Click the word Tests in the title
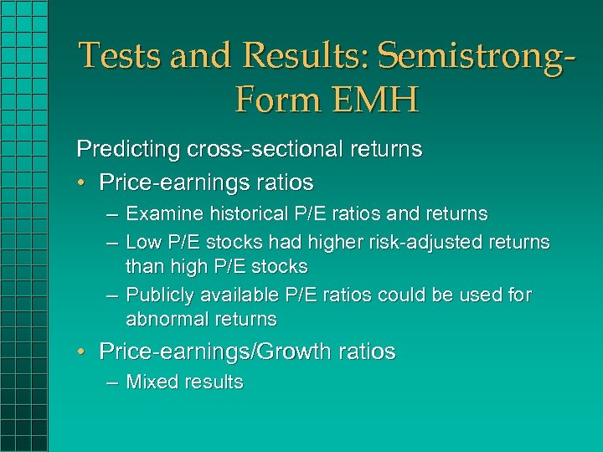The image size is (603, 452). click(118, 56)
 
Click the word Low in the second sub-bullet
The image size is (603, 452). click(141, 243)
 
